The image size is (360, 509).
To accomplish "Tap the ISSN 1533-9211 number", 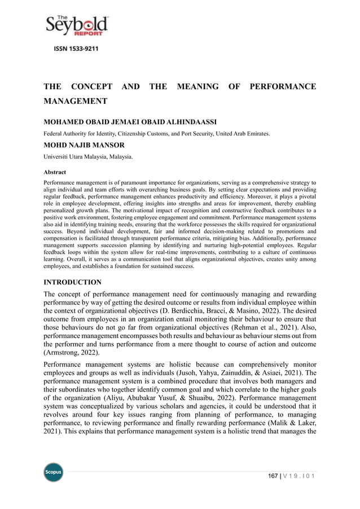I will pos(76,49).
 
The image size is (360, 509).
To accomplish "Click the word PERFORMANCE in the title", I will pos(283,86).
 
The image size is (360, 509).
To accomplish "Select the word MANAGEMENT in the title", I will pos(76,102).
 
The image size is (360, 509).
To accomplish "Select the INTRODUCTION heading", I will pos(73,282).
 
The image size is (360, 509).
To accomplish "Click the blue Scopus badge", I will pos(54,472).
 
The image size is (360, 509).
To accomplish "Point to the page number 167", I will pos(274,476).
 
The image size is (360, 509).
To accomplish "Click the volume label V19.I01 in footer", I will pos(300,476).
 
